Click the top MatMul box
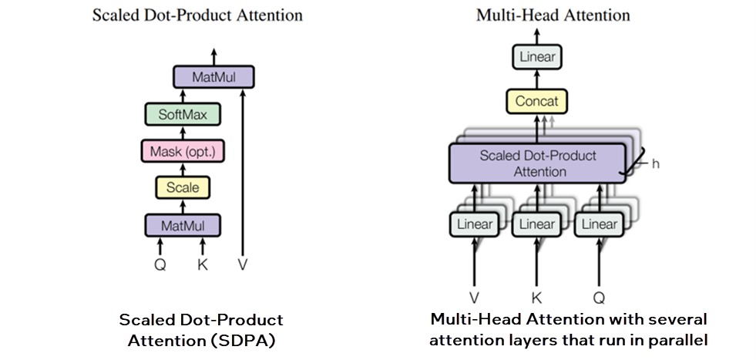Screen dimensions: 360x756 tap(213, 77)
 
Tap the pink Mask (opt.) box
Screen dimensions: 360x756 tap(183, 150)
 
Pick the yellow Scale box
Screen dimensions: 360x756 tap(183, 187)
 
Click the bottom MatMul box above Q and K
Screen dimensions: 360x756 tap(183, 225)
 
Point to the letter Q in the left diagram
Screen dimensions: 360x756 tap(160, 264)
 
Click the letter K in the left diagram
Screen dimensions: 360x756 tap(203, 264)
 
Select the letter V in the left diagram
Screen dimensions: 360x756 tap(244, 264)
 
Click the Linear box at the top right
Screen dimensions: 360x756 tap(537, 57)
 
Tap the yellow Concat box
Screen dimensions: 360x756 tap(537, 101)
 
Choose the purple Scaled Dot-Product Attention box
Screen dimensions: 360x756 tap(537, 163)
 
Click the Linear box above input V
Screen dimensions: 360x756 tap(475, 224)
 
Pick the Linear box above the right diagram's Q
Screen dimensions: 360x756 tap(599, 224)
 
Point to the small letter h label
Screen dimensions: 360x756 tap(656, 164)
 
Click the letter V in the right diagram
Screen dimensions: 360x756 tap(475, 298)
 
